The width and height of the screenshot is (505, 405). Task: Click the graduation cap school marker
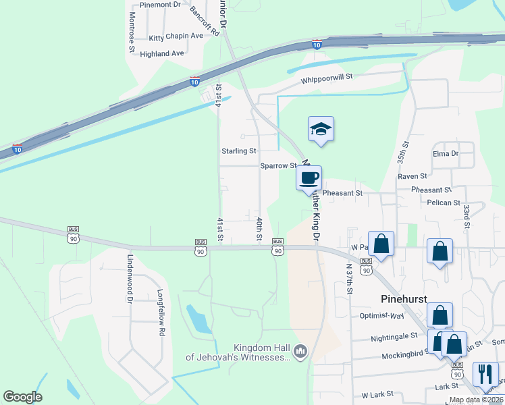[x=321, y=130]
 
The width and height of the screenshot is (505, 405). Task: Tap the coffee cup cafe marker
[x=309, y=178]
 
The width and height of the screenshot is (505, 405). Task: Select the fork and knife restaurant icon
[x=485, y=373]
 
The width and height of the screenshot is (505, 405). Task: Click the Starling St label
[x=239, y=151]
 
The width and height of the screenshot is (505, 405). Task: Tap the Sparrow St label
[x=279, y=165]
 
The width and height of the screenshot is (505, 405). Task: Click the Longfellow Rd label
[x=161, y=313]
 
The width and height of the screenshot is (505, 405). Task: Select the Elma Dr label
[x=446, y=153]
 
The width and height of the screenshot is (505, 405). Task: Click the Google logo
[x=22, y=397]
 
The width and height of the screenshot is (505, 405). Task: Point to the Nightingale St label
[x=394, y=337]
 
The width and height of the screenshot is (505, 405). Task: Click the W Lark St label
[x=377, y=394]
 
